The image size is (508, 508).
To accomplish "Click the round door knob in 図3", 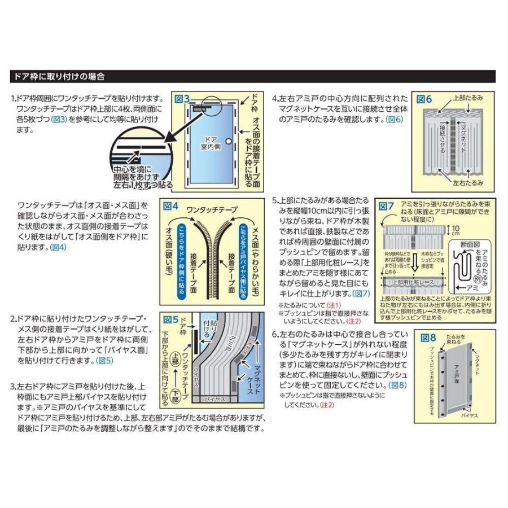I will (x=228, y=141).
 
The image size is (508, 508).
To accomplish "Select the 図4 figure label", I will (x=170, y=207).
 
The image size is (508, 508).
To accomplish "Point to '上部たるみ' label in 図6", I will (x=468, y=98).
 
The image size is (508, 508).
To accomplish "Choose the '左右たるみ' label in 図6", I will (x=467, y=182).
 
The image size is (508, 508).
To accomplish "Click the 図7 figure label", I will (x=386, y=205).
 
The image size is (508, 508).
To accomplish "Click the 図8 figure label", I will (x=429, y=338).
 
